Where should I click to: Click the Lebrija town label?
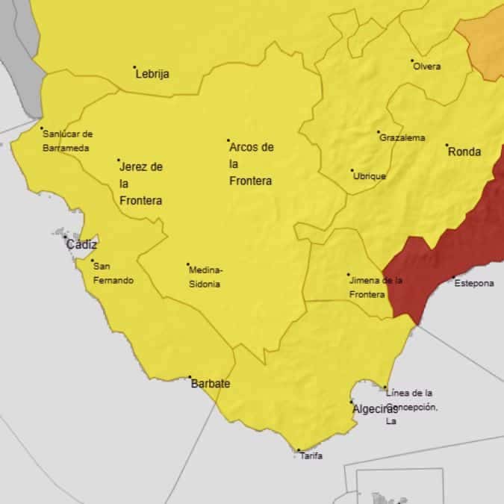(152, 74)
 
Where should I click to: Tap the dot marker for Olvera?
(412, 60)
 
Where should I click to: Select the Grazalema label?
(402, 137)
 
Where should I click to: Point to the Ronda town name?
(464, 152)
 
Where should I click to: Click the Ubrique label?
(370, 176)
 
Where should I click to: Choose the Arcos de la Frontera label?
(251, 164)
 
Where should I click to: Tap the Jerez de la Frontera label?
(141, 184)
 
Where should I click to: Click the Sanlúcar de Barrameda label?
(67, 141)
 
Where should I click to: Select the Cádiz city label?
(81, 244)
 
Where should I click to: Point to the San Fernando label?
(113, 273)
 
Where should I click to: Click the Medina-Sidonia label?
(206, 277)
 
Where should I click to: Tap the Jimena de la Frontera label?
(376, 287)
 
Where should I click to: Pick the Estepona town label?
(475, 284)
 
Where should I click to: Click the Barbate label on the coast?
(211, 384)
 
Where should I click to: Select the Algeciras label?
(375, 408)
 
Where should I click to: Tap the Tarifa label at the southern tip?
(311, 456)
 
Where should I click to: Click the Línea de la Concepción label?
(410, 407)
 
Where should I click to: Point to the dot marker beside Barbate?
(190, 377)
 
